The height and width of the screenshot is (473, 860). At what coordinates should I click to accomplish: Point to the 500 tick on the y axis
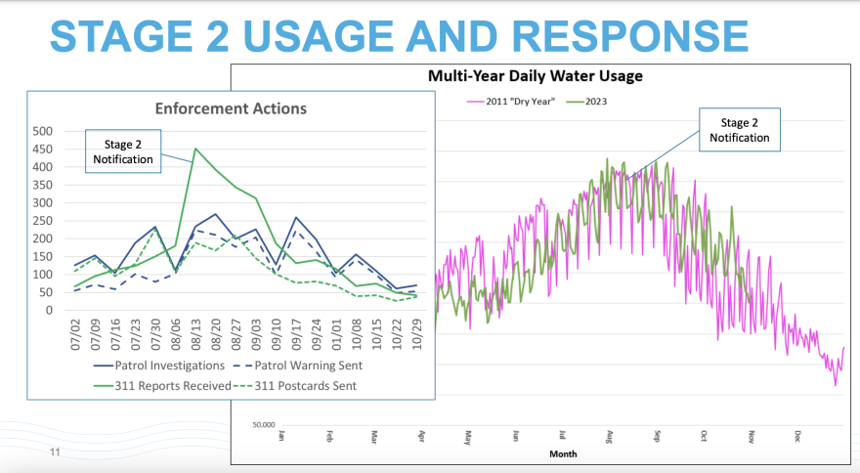[42, 131]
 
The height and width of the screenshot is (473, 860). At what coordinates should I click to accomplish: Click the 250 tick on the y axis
[42, 221]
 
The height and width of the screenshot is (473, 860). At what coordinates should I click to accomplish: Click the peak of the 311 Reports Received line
[195, 150]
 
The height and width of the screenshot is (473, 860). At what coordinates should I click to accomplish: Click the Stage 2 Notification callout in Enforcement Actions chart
[124, 150]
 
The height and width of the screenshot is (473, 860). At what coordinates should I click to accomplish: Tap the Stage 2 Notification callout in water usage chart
[740, 130]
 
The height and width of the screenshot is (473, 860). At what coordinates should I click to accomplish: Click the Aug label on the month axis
[609, 436]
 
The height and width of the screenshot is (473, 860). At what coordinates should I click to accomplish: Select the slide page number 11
[55, 453]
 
